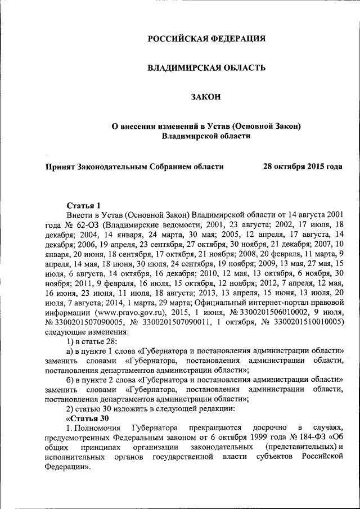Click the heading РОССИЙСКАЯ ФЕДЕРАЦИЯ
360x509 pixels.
pyautogui.click(x=206, y=39)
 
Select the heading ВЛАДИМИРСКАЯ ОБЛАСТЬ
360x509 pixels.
pyautogui.click(x=206, y=68)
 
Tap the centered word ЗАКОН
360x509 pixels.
pyautogui.click(x=206, y=97)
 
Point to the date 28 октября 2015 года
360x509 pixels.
pyautogui.click(x=303, y=166)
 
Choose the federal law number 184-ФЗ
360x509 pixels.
pyautogui.click(x=310, y=437)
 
